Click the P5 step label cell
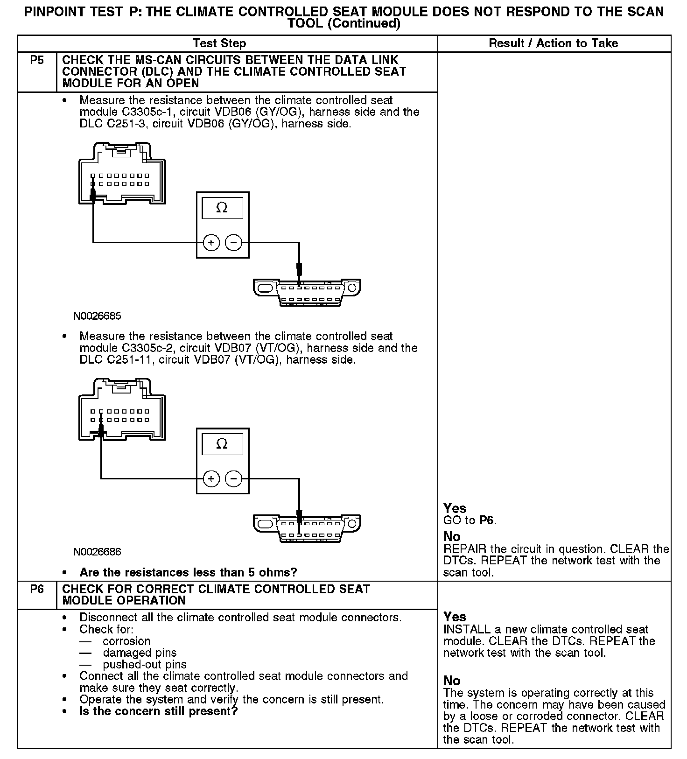coord(37,61)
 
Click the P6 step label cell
coord(37,589)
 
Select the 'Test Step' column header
coord(219,43)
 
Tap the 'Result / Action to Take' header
coord(553,43)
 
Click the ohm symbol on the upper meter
coord(222,208)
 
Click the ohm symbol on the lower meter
coord(222,444)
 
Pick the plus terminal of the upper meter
coord(211,243)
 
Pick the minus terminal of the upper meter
coord(234,243)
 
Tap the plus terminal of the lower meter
coord(211,479)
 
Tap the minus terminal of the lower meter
coord(234,479)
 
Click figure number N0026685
coord(97,316)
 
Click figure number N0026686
coord(97,552)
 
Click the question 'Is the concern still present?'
coord(159,711)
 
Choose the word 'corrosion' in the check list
coord(126,641)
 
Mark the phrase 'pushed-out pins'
coord(145,665)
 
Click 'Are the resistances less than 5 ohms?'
coord(189,572)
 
